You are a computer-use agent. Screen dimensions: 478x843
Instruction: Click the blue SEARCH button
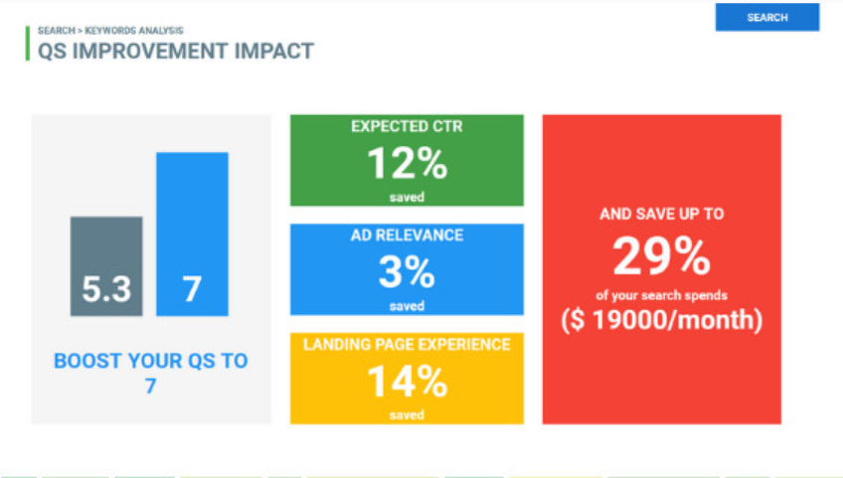pos(766,17)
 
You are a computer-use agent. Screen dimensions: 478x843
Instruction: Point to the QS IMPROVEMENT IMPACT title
pos(175,51)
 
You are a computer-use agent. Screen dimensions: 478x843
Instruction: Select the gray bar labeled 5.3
pos(106,266)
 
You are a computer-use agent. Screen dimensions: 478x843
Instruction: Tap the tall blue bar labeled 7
pos(192,234)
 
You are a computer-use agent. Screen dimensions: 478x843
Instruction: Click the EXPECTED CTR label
pos(407,127)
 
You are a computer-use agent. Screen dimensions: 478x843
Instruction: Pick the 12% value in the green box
pos(406,162)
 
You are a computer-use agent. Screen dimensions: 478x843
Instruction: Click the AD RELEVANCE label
pos(407,236)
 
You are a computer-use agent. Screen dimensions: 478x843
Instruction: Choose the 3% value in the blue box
pos(407,271)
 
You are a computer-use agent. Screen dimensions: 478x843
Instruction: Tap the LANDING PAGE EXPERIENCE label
pos(407,345)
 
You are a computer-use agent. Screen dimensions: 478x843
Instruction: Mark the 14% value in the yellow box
pos(406,382)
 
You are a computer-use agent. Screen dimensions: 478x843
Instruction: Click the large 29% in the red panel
pos(661,257)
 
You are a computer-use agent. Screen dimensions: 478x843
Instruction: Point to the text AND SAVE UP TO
pos(661,215)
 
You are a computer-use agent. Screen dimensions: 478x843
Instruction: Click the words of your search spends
pos(661,295)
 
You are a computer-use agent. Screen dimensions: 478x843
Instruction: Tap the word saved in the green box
pos(407,197)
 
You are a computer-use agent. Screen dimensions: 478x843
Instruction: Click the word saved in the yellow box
pos(407,415)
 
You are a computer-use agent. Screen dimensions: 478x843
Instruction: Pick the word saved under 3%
pos(407,306)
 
